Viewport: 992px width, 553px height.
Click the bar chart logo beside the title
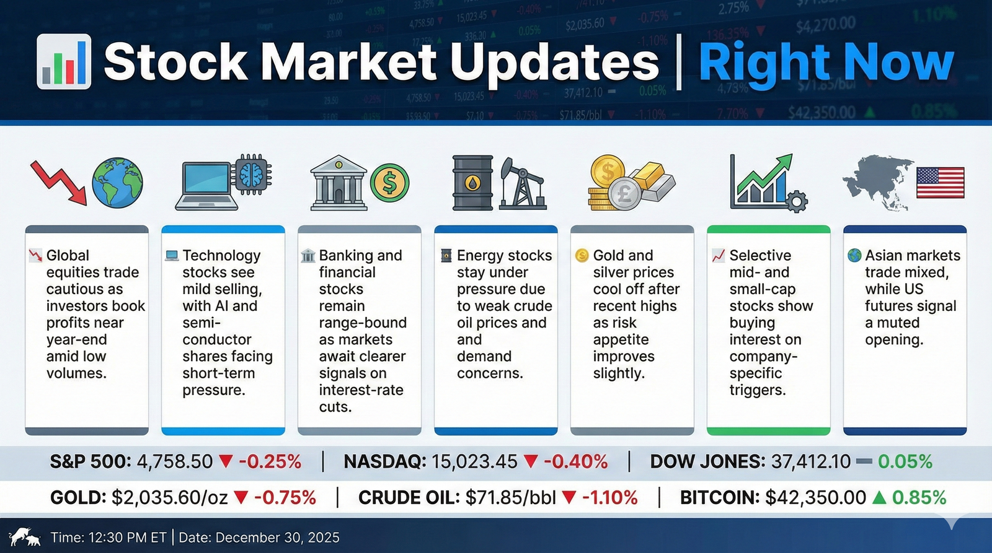click(x=64, y=61)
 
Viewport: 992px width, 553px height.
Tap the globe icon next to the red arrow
click(x=117, y=183)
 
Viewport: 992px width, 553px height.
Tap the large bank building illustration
click(x=339, y=183)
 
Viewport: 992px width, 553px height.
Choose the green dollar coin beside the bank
click(x=390, y=183)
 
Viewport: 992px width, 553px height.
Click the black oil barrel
click(x=472, y=183)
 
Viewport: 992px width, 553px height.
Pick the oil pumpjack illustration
click(x=523, y=184)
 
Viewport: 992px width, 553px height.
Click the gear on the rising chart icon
click(x=797, y=202)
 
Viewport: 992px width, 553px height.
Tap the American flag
click(x=940, y=183)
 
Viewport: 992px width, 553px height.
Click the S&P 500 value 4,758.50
click(x=175, y=462)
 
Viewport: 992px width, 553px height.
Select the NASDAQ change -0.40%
click(x=576, y=462)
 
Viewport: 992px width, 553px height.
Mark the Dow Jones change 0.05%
click(x=905, y=462)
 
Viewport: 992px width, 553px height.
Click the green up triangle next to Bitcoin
click(x=879, y=498)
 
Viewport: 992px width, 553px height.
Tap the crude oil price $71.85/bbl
click(x=511, y=498)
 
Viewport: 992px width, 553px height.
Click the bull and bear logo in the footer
click(x=25, y=537)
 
